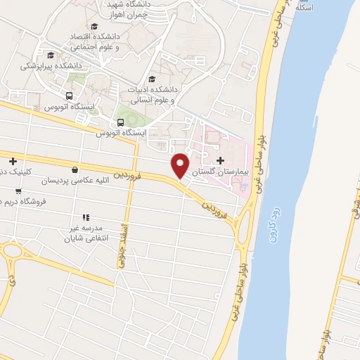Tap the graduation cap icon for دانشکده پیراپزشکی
[50, 55]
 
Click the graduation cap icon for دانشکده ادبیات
[153, 79]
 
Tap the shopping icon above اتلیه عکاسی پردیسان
[75, 169]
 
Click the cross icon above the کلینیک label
[13, 161]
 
